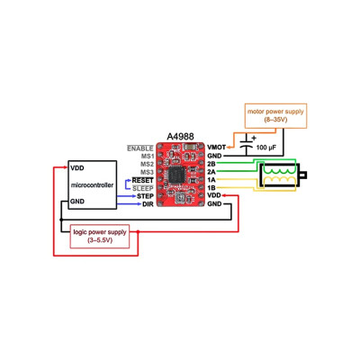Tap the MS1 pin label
pos(148,155)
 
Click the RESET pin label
pos(143,180)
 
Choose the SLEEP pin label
pos(143,188)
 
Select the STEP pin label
pos(144,196)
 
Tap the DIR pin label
pos(148,204)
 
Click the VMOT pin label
pos(217,147)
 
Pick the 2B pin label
pos(211,163)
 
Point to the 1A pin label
pos(211,179)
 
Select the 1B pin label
pos(211,187)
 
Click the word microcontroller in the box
pos(94,184)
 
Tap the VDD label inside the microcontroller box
pos(77,168)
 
